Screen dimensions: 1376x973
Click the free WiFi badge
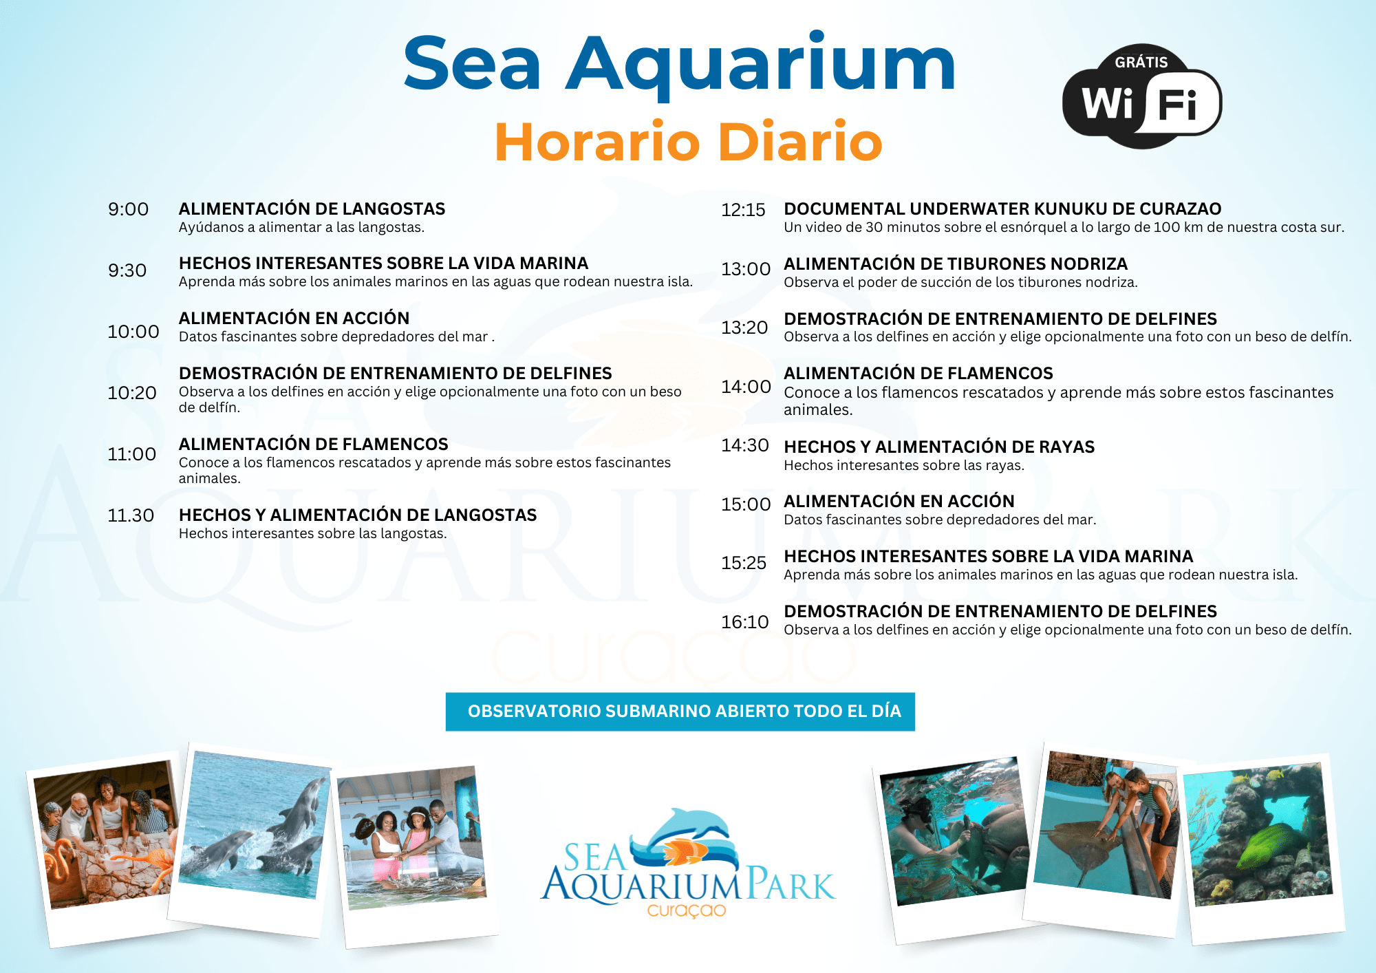[1142, 96]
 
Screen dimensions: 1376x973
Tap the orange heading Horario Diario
[688, 142]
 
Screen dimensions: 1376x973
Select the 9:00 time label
[128, 209]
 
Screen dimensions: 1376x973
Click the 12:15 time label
[743, 210]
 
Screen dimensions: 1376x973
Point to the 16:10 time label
[744, 622]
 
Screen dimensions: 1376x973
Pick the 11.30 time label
[131, 515]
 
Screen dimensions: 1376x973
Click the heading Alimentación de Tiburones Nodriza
[956, 264]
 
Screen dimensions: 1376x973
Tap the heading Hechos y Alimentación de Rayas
[939, 447]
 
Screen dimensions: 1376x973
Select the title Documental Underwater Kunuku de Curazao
[1002, 208]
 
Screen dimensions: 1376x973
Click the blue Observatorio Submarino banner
[680, 712]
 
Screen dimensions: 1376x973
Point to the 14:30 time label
[744, 445]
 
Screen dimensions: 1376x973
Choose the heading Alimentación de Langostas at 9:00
[312, 208]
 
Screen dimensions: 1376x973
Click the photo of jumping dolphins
[255, 824]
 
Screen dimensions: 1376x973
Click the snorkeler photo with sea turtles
[954, 831]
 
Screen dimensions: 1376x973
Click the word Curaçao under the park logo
[687, 910]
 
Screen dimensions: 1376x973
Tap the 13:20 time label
[744, 328]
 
